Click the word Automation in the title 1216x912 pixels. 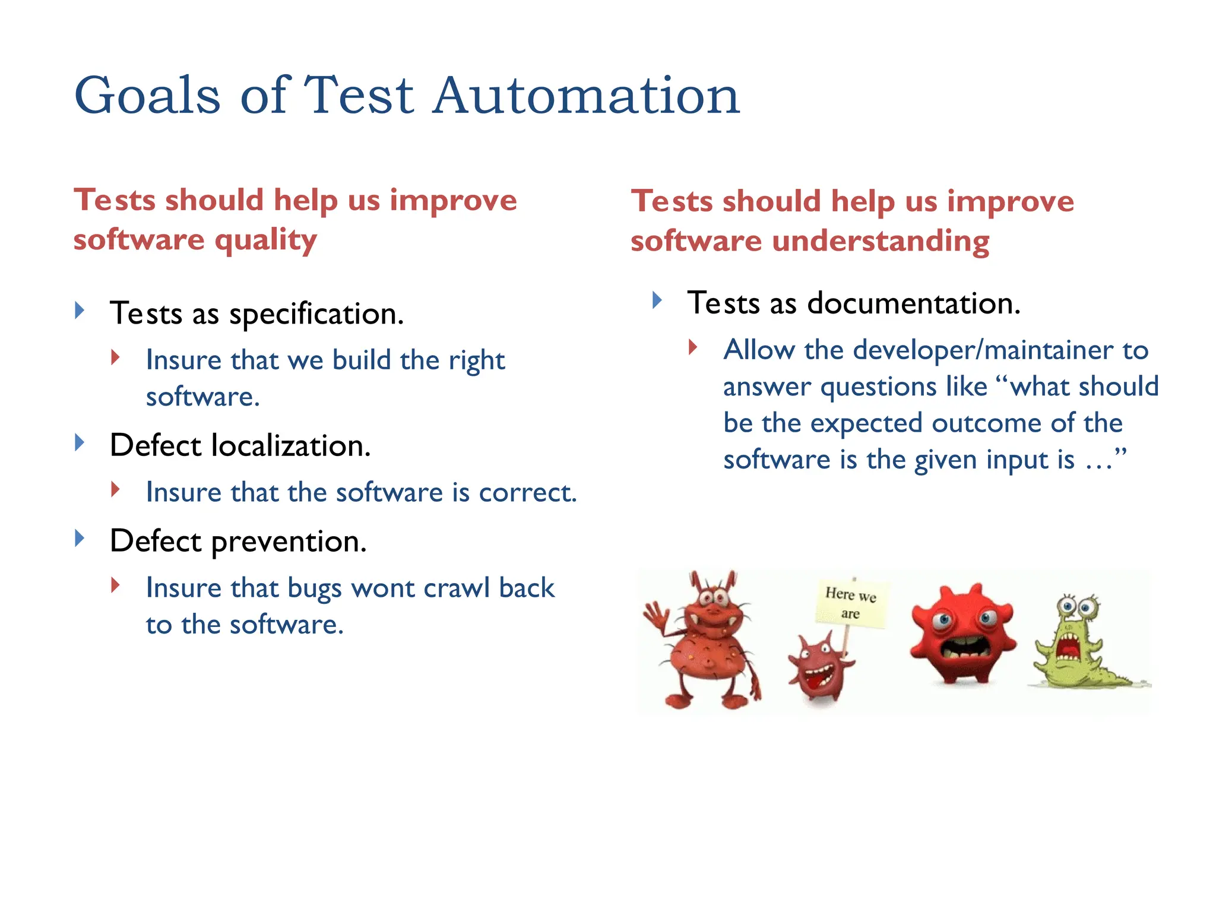pos(585,96)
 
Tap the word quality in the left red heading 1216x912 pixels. pos(265,241)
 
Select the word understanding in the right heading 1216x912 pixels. pos(881,241)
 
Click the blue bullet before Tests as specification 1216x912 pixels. pos(80,310)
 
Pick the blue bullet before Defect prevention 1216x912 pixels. pos(80,538)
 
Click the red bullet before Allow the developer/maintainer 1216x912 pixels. pos(692,347)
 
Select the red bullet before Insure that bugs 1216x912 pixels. pos(115,585)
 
